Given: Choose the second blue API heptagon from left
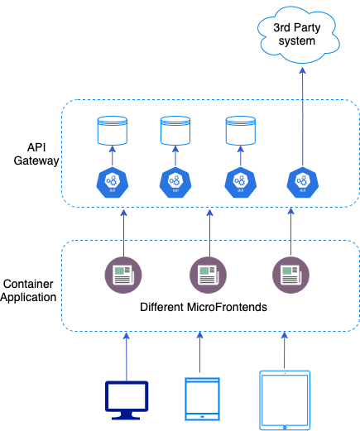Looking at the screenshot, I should pyautogui.click(x=174, y=180).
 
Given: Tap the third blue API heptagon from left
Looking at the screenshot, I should pyautogui.click(x=239, y=180).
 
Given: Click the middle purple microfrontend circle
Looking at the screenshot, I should pyautogui.click(x=204, y=272).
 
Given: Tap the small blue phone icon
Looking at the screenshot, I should pyautogui.click(x=201, y=398).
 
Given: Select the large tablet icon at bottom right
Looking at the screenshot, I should pyautogui.click(x=285, y=400).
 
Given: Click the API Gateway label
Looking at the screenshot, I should pyautogui.click(x=36, y=153).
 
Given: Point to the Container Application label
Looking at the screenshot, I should pyautogui.click(x=30, y=290).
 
